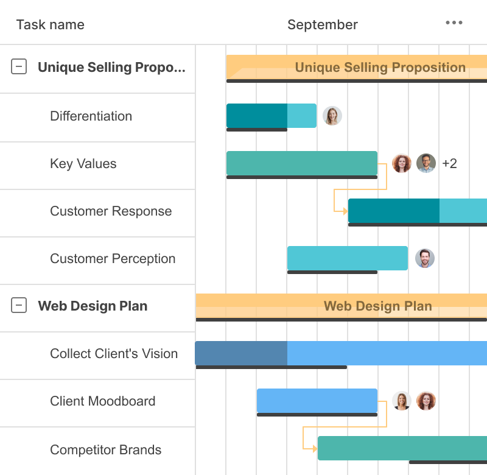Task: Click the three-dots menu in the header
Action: tap(454, 23)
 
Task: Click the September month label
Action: tap(323, 25)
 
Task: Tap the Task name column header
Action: tap(51, 25)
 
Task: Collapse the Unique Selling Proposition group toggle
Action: tap(19, 67)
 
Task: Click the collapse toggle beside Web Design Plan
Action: tap(19, 306)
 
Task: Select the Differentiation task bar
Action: tap(271, 116)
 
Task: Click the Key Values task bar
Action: tap(301, 163)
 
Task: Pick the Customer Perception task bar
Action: tap(347, 258)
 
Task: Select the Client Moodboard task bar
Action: tap(317, 401)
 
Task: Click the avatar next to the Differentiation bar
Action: tap(332, 116)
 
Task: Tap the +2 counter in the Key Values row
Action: tap(449, 163)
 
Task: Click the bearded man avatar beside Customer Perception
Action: tap(425, 258)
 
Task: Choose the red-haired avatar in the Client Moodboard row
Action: tap(426, 401)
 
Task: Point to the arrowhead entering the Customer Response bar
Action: tap(345, 211)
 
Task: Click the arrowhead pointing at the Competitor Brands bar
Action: tap(314, 449)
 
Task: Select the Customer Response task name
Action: tap(111, 211)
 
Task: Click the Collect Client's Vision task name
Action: tap(114, 354)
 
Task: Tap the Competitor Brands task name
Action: tap(106, 450)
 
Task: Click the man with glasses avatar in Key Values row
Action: tap(426, 163)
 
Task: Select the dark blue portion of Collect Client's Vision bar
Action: tap(241, 353)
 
